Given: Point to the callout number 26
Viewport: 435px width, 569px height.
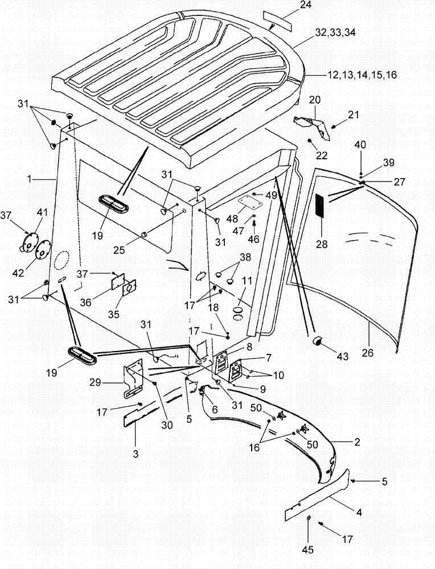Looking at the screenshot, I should click(368, 352).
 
